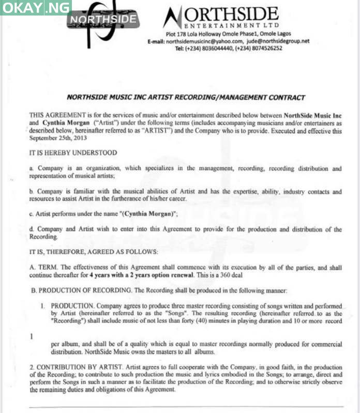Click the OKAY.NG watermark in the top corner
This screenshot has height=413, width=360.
click(36, 7)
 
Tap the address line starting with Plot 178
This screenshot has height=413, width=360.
click(222, 34)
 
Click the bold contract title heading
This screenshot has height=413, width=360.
click(186, 97)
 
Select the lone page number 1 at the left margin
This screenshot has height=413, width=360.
click(32, 336)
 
